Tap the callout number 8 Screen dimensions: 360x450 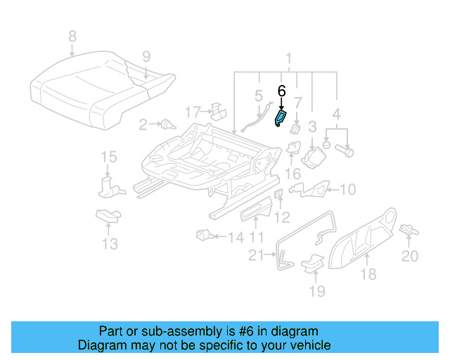point(71,35)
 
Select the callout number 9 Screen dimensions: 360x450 point(146,56)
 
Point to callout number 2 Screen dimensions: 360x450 point(143,125)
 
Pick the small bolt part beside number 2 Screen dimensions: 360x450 point(167,125)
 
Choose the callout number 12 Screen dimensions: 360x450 point(281,217)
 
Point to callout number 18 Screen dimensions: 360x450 point(368,274)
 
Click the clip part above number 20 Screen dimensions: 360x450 point(406,229)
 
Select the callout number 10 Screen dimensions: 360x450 point(348,188)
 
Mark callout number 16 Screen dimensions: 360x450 point(292,172)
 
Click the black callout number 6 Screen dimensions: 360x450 point(282,91)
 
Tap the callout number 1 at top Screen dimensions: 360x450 point(288,58)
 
